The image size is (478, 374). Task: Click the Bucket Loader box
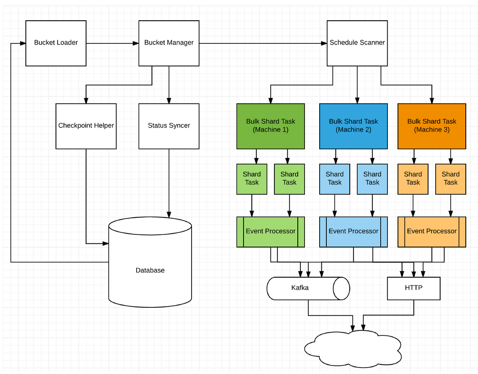pos(56,43)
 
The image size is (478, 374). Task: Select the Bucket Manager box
pos(169,43)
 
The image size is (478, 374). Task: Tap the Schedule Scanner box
pos(357,43)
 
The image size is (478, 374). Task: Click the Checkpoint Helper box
pos(86,126)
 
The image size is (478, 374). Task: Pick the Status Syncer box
pos(169,126)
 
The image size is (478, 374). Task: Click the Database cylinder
pos(150,262)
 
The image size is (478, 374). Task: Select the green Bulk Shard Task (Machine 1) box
pos(270,126)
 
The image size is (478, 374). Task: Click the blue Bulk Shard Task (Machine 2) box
pos(353,126)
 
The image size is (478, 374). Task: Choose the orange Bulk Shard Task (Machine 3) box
pos(432,126)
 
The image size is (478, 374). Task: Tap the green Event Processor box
pos(270,232)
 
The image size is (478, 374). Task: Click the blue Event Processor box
pos(353,232)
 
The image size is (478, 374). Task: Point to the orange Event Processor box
pos(432,232)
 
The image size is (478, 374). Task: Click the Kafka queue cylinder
pos(308,288)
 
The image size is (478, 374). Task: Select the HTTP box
pos(413,288)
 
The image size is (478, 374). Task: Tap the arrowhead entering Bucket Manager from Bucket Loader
pos(136,43)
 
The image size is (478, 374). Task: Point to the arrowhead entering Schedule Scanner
pos(324,43)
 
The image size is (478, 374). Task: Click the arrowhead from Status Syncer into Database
pos(169,214)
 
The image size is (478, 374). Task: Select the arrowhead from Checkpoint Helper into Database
pos(106,244)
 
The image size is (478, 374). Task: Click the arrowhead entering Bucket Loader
pos(23,43)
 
